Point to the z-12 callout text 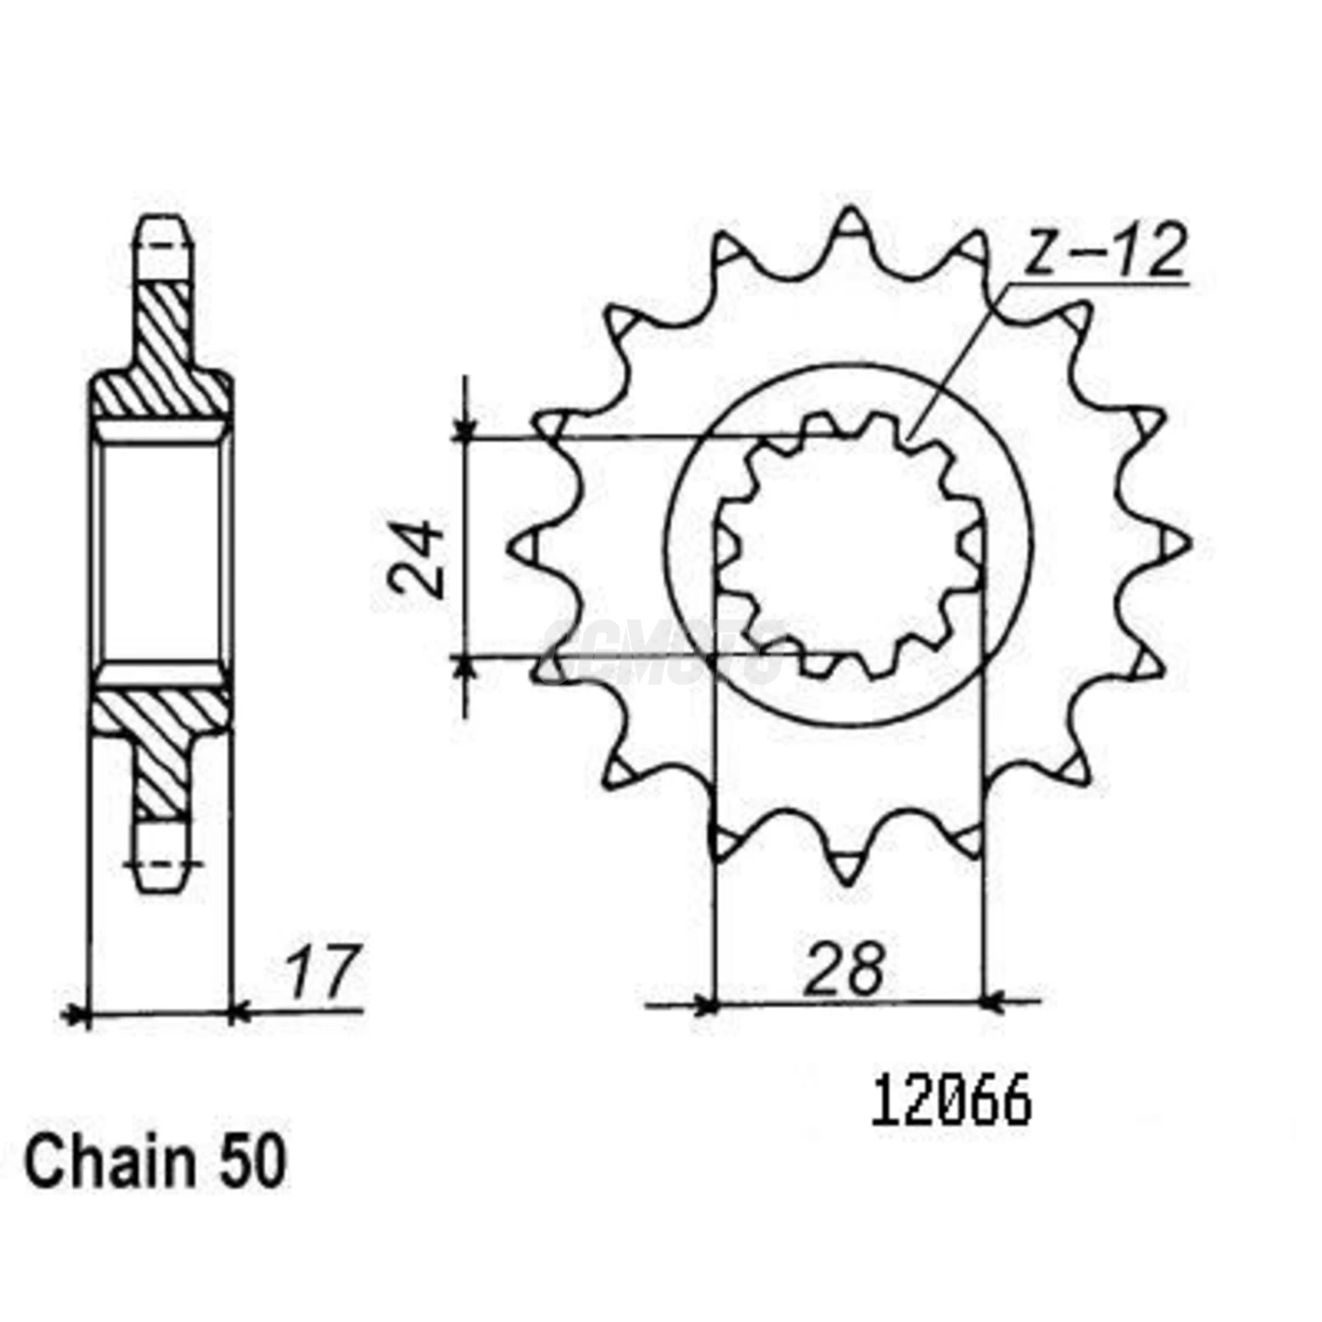[x=1105, y=253]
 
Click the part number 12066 [x=951, y=1103]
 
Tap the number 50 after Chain [x=251, y=1162]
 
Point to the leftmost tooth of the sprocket [x=524, y=546]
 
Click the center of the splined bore [x=849, y=546]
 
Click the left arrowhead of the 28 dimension [x=704, y=1003]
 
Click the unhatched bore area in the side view [x=162, y=552]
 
